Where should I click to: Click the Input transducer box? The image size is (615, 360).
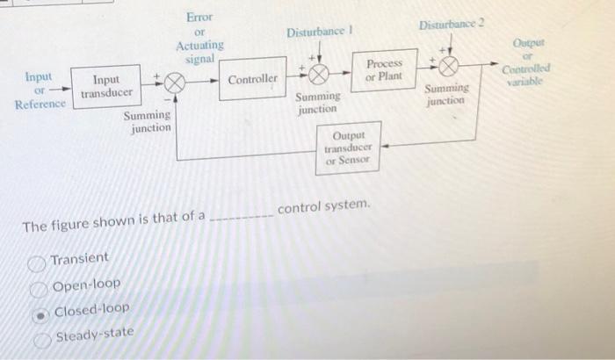[x=106, y=86]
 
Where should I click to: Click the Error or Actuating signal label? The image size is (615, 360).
[x=199, y=38]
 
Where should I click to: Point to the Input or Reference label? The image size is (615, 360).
[x=40, y=91]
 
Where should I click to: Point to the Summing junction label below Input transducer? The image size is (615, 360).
[x=148, y=121]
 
